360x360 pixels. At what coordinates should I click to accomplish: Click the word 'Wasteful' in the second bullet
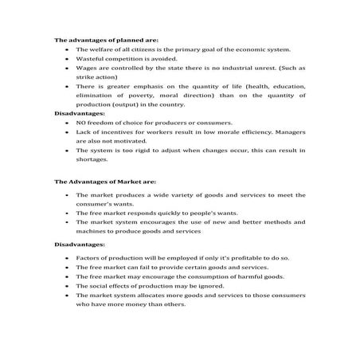[x=90, y=59]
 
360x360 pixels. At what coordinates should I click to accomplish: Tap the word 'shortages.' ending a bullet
[x=92, y=161]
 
